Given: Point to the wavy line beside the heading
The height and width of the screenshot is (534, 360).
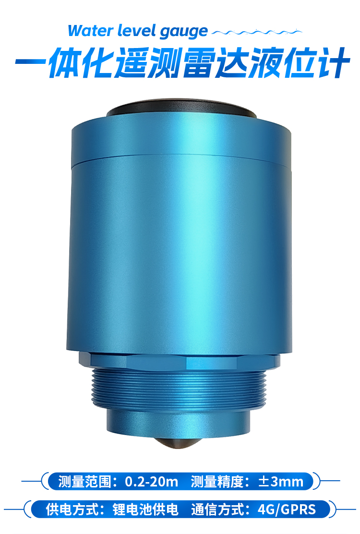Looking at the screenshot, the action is (x=257, y=33).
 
